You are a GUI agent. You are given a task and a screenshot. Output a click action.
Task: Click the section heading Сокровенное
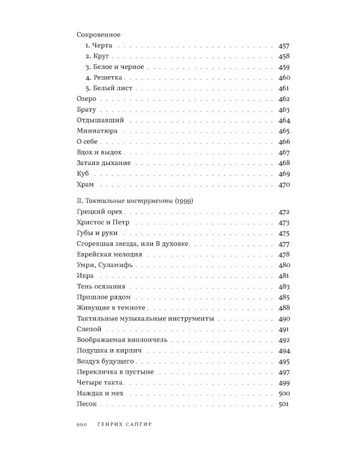tap(100, 35)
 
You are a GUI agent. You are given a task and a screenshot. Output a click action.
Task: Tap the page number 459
tap(284, 67)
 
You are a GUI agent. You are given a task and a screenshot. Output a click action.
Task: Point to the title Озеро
tap(88, 99)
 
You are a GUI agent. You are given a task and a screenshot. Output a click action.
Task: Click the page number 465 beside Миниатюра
tap(284, 131)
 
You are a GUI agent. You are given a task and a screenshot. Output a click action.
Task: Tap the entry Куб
tap(83, 173)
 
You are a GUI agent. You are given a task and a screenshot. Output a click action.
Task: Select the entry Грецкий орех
tap(100, 212)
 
